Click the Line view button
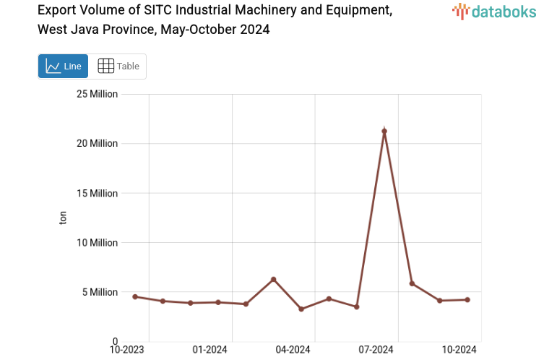pos(64,67)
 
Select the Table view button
pos(118,67)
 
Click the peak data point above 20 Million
pos(384,132)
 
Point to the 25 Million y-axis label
pos(98,94)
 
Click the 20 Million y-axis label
pos(98,144)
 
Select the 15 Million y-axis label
pos(98,193)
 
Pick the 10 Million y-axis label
pos(98,243)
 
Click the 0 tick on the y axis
pos(114,341)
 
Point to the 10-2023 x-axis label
pos(126,350)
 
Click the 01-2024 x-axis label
pos(210,350)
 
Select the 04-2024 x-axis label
pos(293,350)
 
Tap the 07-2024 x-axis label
pos(376,350)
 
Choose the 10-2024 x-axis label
pos(459,350)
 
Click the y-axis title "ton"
pos(63,218)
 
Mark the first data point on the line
pos(135,296)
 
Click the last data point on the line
pos(467,299)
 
